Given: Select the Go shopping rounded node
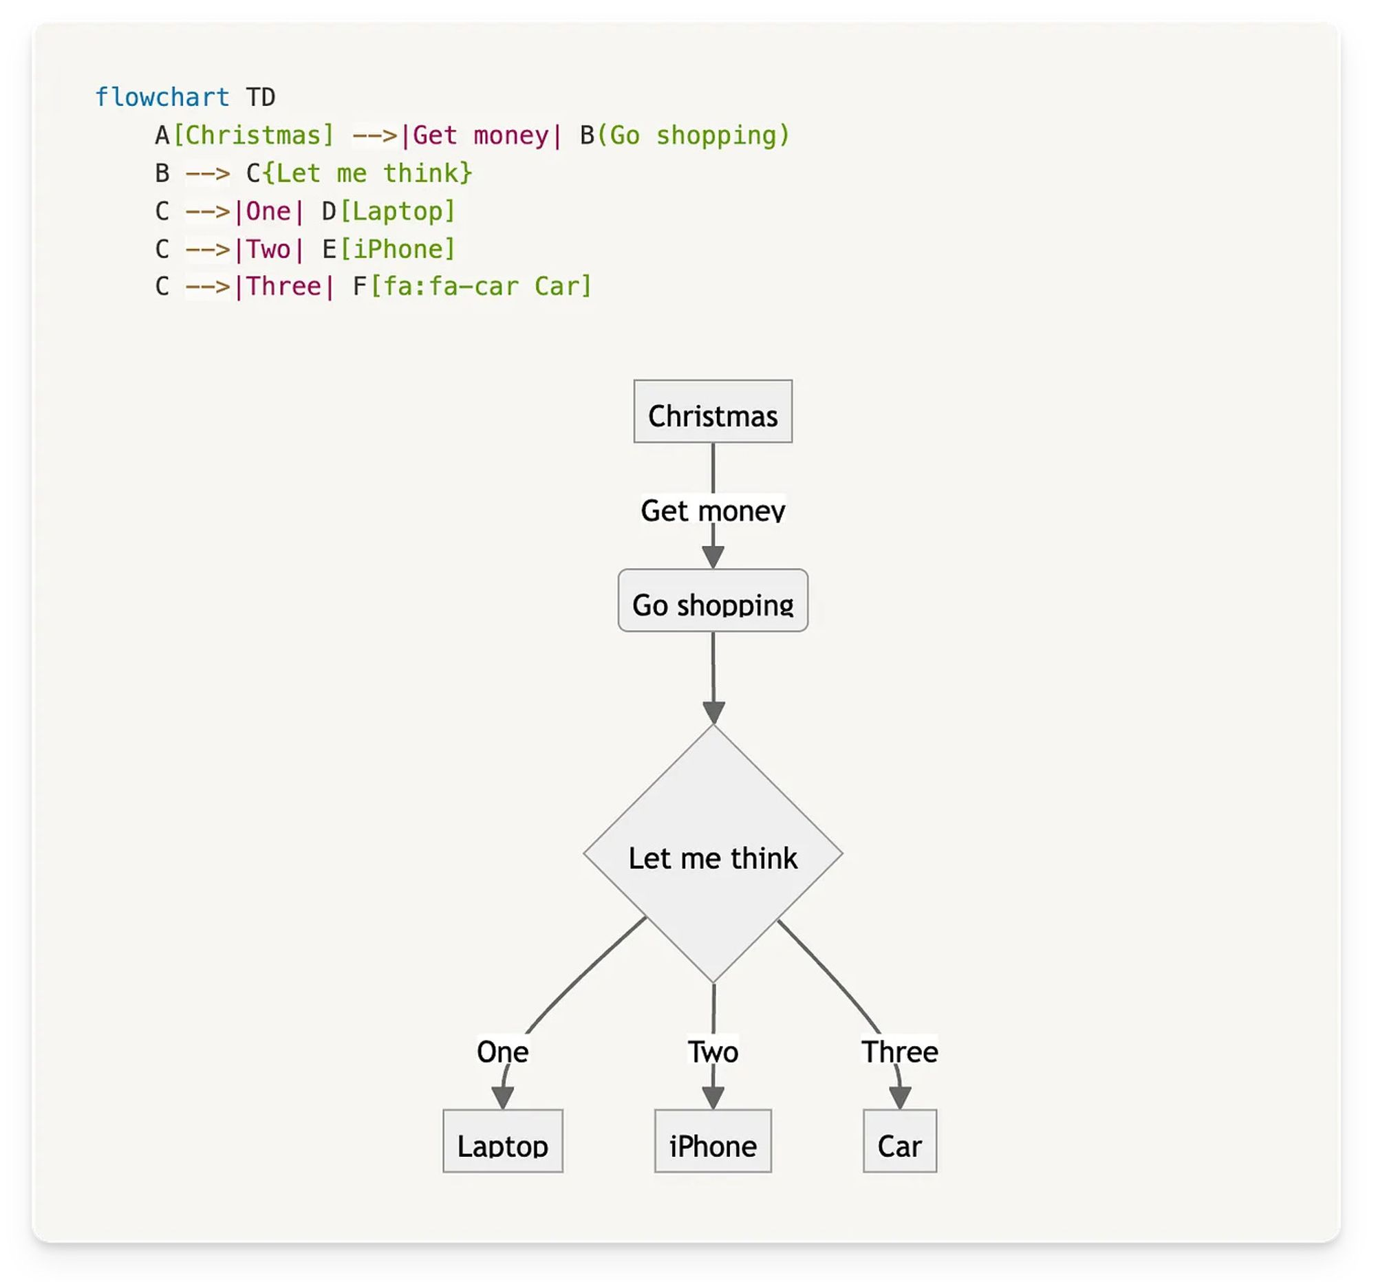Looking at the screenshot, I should [712, 600].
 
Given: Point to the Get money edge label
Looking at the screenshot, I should [712, 510].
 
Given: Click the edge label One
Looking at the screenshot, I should [502, 1051].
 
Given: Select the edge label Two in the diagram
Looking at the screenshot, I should [712, 1051].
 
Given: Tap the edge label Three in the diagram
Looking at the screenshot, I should [899, 1051].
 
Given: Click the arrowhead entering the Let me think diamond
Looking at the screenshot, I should [713, 712].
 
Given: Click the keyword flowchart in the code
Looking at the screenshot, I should [162, 97].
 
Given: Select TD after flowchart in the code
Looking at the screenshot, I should [261, 97].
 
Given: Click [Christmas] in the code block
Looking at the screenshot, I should [253, 135].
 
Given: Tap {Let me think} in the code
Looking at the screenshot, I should [367, 173].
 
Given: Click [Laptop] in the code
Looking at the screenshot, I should [397, 211].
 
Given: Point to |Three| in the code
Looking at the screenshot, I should [284, 286].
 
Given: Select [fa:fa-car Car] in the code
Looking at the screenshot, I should [481, 286].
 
